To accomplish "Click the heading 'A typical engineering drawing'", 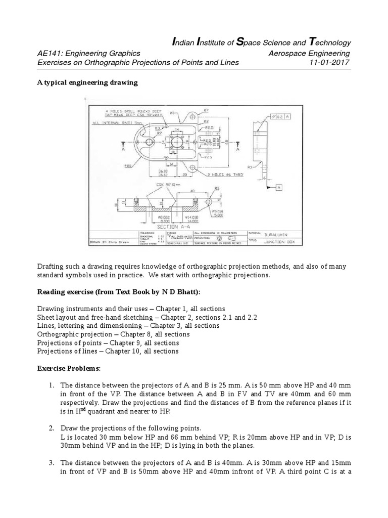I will (87, 82).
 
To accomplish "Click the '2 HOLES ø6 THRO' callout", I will (219, 174).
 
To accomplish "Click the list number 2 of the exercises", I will (52, 428).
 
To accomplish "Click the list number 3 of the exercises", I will (52, 462).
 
